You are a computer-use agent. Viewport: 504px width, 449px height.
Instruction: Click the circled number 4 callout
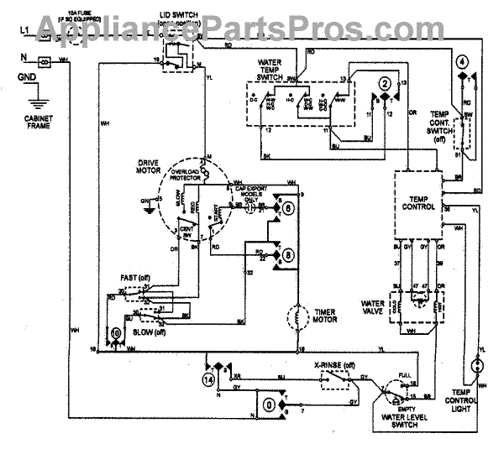[463, 61]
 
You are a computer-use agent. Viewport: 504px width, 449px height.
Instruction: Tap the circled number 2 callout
[385, 84]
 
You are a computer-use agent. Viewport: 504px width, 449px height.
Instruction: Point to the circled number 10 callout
[115, 333]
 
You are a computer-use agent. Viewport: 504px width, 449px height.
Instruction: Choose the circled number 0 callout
[269, 404]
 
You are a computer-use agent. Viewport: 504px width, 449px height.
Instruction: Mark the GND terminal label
[26, 80]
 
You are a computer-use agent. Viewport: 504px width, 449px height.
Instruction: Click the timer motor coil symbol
[299, 317]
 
